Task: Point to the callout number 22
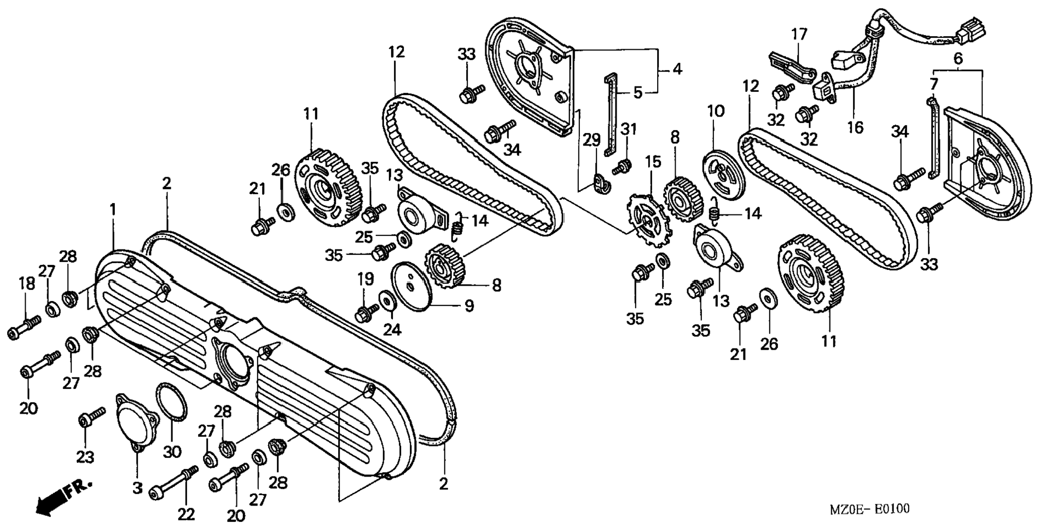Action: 185,514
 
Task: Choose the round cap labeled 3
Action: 137,420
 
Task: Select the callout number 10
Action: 716,112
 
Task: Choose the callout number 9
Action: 469,306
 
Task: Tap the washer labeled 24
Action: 387,299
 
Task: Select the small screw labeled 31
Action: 621,167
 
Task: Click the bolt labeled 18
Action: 25,327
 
